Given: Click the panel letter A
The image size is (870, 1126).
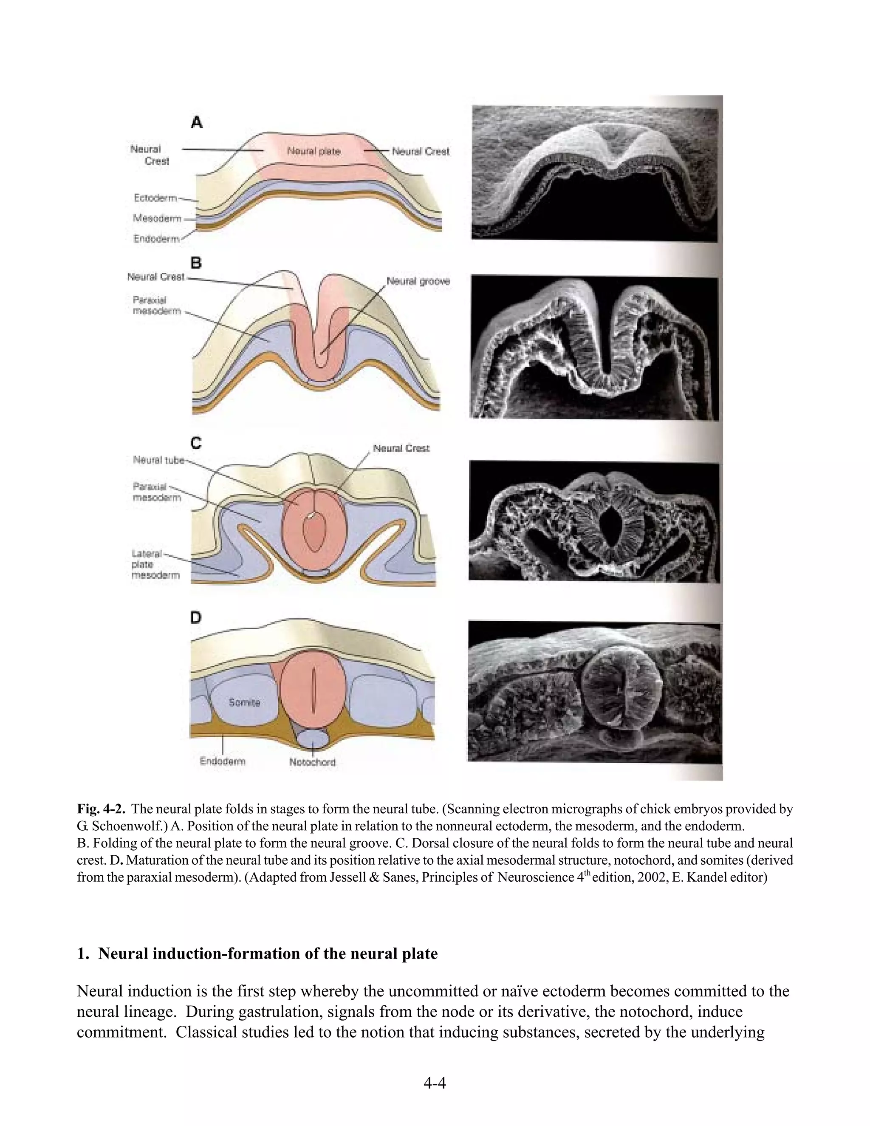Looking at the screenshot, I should click(x=196, y=123).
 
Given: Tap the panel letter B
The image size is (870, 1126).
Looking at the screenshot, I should click(x=196, y=263).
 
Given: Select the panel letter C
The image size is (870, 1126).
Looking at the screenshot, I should click(x=196, y=443).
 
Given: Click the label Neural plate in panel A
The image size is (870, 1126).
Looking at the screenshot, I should click(x=314, y=151).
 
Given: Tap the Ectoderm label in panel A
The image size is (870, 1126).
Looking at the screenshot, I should click(x=155, y=198).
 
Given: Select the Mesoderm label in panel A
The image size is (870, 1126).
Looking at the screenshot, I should click(x=157, y=218).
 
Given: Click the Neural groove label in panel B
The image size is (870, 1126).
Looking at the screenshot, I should click(x=418, y=281).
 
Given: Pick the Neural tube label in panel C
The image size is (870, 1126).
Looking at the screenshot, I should click(x=158, y=460).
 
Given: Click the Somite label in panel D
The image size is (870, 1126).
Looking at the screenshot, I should click(x=244, y=702).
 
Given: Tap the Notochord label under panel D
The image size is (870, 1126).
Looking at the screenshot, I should click(x=312, y=762).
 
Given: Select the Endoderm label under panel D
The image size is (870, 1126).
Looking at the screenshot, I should click(x=223, y=761).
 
